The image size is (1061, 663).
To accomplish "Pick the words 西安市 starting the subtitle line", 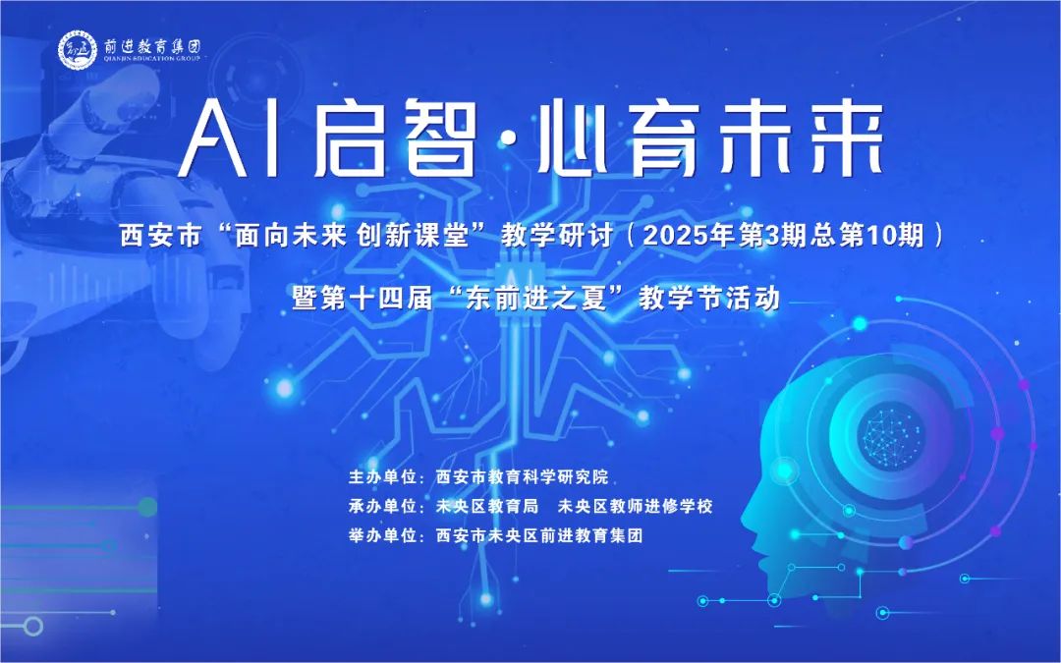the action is (x=161, y=236).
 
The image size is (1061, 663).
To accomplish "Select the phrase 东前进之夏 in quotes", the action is (x=536, y=298).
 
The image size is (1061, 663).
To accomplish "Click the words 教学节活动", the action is (x=709, y=298).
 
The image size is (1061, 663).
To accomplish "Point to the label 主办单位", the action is (x=382, y=477).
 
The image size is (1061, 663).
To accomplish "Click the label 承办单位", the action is (x=382, y=506).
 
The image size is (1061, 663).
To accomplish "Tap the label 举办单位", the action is (x=382, y=536).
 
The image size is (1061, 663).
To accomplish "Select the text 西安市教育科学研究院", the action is (x=523, y=477).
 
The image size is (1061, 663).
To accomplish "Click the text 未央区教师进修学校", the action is (x=635, y=506).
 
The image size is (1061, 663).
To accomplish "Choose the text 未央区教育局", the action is (x=487, y=506).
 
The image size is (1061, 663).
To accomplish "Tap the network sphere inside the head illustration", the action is (x=890, y=436).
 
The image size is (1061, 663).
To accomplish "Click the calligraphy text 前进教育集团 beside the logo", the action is (x=152, y=46).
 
